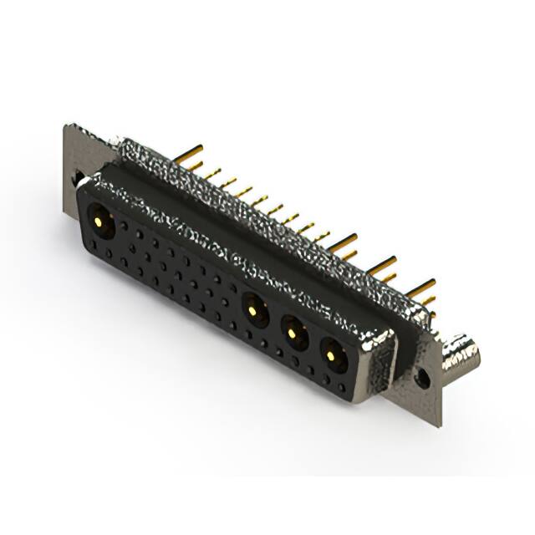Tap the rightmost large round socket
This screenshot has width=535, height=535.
(x=332, y=357)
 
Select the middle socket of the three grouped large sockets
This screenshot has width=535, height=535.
(x=293, y=334)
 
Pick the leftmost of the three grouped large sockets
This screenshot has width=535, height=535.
(x=253, y=312)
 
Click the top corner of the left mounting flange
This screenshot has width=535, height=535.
(x=67, y=126)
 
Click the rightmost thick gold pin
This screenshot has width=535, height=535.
(x=422, y=286)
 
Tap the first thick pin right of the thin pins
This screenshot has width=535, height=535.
(x=343, y=242)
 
